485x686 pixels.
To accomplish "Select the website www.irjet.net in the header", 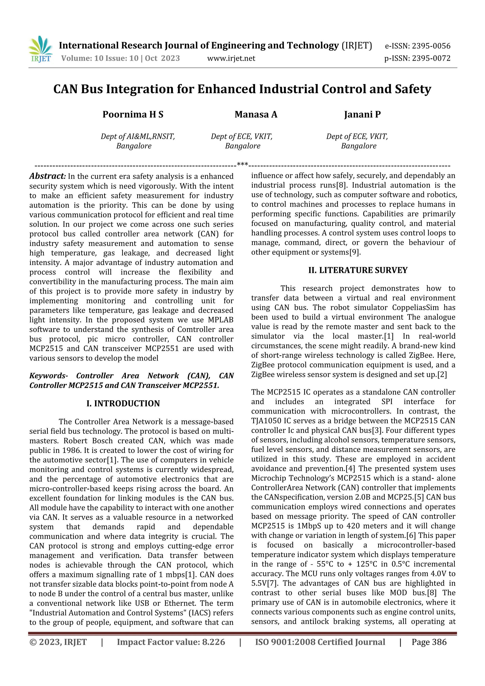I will point(231,58).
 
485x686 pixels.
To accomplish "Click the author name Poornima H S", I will point(133,114).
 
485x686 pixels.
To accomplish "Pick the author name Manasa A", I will point(256,114).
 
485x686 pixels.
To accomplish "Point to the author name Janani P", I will point(362,114).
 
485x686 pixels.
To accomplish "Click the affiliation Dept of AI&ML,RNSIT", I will point(138,136).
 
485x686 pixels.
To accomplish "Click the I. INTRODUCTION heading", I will point(123,403).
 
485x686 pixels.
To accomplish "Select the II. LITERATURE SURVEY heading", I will point(358,270).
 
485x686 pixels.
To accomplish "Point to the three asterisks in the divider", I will point(242,165).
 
